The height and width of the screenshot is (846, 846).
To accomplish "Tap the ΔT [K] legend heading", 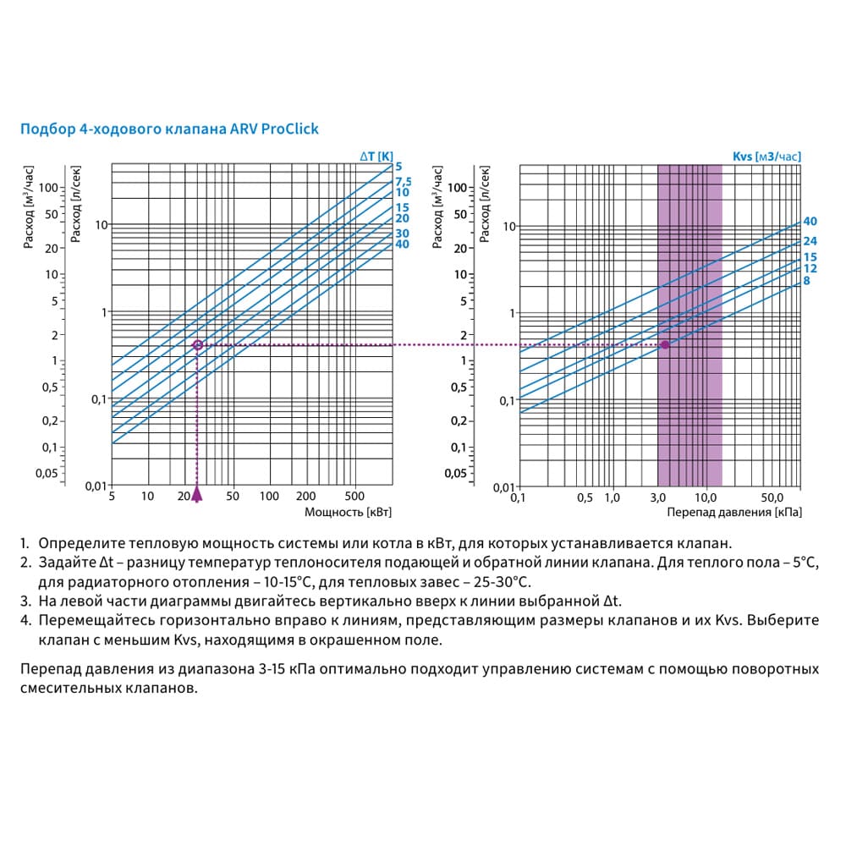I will pyautogui.click(x=376, y=156).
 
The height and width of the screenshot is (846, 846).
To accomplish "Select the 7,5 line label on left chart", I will pyautogui.click(x=403, y=181).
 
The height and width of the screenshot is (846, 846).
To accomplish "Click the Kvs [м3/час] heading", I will pyautogui.click(x=766, y=156).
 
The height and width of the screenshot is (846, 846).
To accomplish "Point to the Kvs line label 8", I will pyautogui.click(x=807, y=280).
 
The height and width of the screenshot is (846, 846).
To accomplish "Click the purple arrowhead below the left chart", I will pyautogui.click(x=198, y=494).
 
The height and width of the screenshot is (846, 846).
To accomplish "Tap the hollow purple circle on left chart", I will pyautogui.click(x=198, y=345).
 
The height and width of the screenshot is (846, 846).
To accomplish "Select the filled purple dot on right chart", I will pyautogui.click(x=665, y=344).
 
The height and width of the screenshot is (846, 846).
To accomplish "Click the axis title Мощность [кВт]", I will pyautogui.click(x=348, y=513).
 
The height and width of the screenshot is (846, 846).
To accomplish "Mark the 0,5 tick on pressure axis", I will pyautogui.click(x=585, y=497).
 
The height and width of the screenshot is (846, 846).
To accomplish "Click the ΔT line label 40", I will pyautogui.click(x=402, y=244).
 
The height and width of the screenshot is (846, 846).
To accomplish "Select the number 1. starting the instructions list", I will pyautogui.click(x=25, y=544).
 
